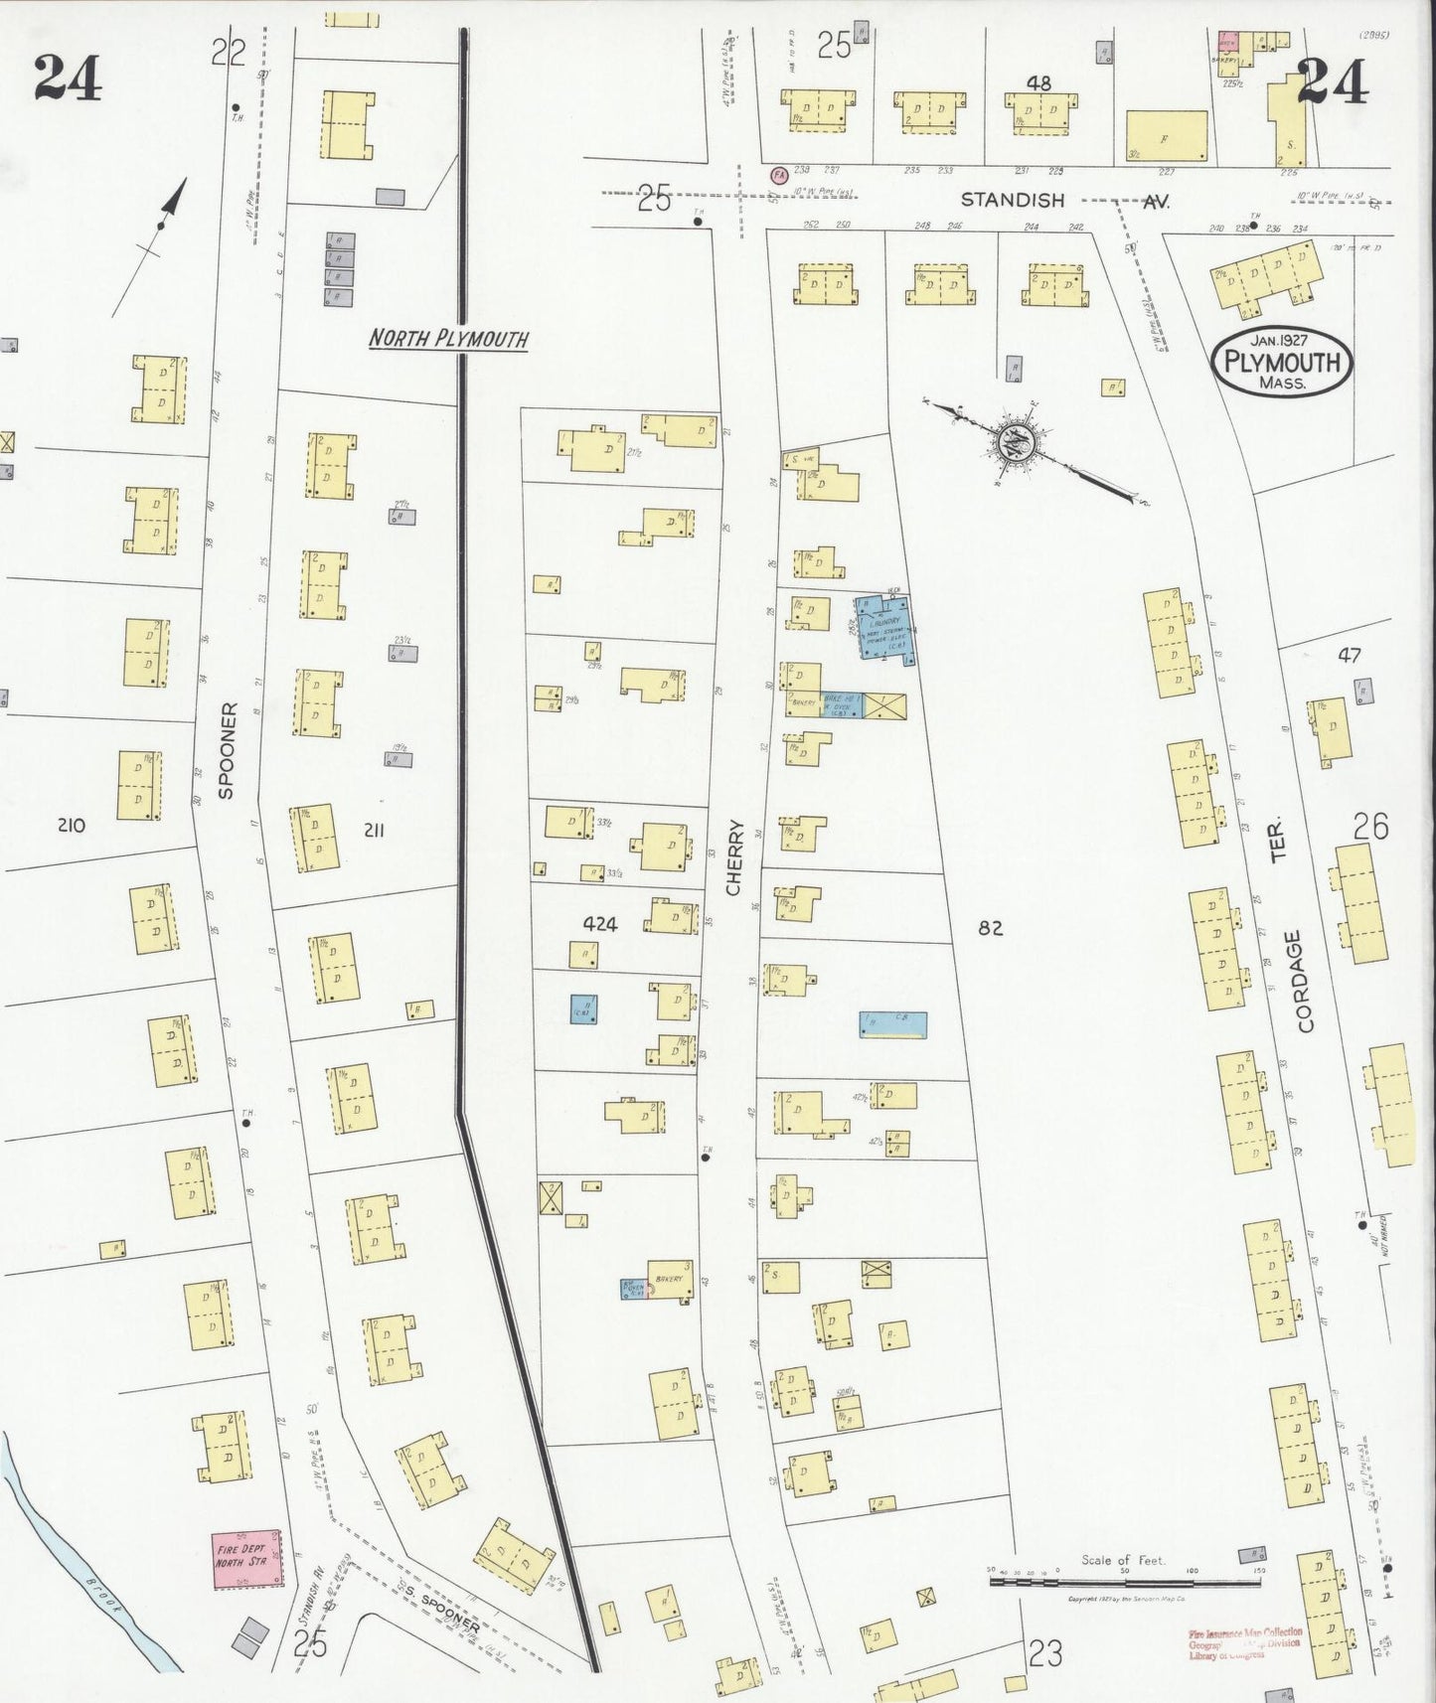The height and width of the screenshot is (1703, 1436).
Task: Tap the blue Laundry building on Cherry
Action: pyautogui.click(x=885, y=626)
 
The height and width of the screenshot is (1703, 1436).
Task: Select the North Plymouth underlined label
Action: pyautogui.click(x=447, y=339)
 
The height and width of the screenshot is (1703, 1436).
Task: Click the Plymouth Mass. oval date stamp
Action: pyautogui.click(x=1282, y=363)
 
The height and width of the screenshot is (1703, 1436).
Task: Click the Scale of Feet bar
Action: pyautogui.click(x=1123, y=1579)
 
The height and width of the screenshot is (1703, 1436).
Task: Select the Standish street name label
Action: pyautogui.click(x=1012, y=200)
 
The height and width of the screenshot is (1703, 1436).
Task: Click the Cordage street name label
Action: pyautogui.click(x=1305, y=981)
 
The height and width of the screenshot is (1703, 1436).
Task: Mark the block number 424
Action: pyautogui.click(x=600, y=924)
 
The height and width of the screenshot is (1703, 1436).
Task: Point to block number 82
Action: pyautogui.click(x=990, y=928)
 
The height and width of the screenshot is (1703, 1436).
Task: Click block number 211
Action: pyautogui.click(x=374, y=830)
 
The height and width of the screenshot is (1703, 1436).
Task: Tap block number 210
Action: pyautogui.click(x=72, y=825)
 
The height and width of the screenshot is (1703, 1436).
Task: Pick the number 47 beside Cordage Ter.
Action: pyautogui.click(x=1349, y=655)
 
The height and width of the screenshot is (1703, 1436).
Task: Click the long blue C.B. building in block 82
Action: pyautogui.click(x=893, y=1024)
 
